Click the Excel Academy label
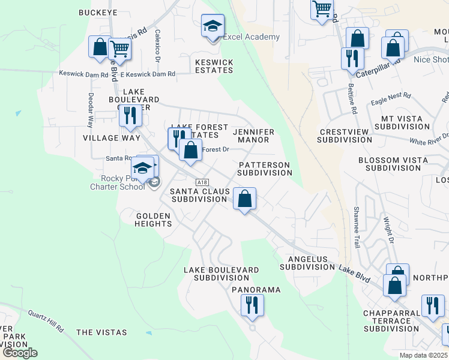[x=251, y=37]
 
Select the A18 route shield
[x=202, y=182]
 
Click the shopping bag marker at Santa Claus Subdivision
[x=244, y=199]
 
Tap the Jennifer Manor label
[x=253, y=136]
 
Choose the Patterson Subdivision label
[x=264, y=169]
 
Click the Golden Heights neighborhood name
[x=154, y=220]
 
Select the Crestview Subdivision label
[x=345, y=136]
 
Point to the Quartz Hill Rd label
[x=46, y=320]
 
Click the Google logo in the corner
[x=20, y=353]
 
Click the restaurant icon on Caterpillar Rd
[x=351, y=58]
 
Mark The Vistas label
[x=101, y=332]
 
